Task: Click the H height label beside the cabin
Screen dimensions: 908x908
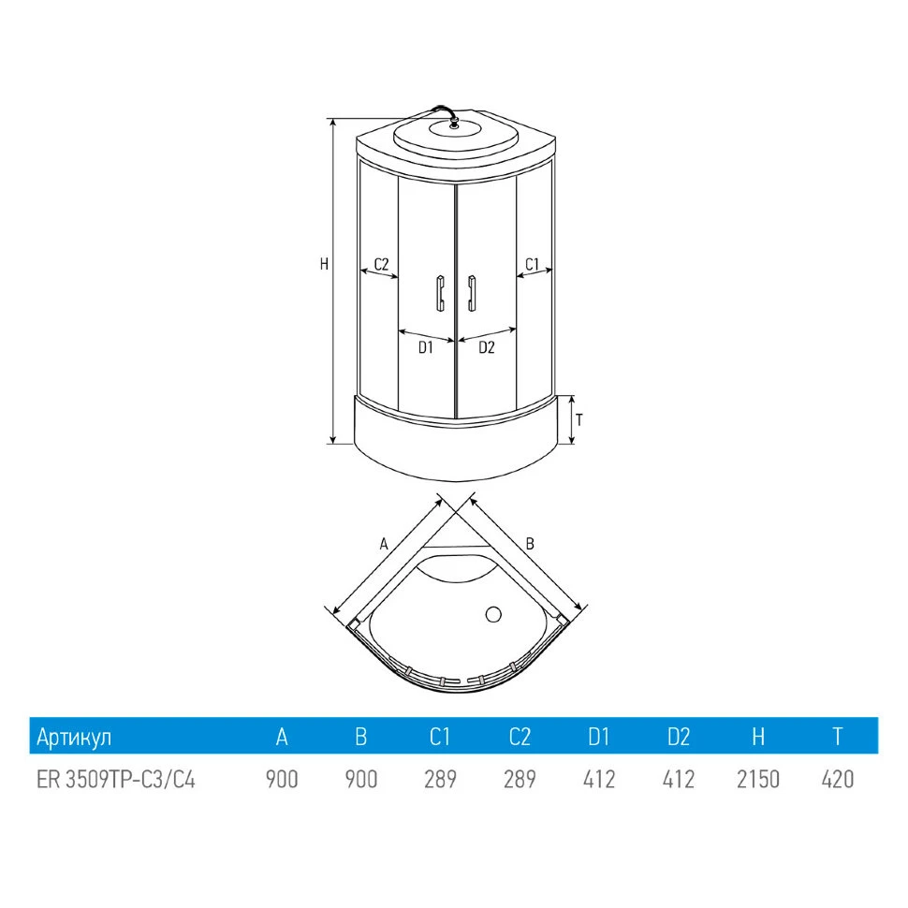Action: tap(324, 264)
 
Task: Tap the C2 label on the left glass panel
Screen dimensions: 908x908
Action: tap(381, 264)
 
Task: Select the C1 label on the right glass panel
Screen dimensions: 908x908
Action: tap(533, 264)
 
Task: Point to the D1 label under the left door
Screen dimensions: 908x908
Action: tap(426, 347)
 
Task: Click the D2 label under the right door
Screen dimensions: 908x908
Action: tap(487, 347)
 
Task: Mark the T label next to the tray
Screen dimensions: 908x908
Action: tap(579, 420)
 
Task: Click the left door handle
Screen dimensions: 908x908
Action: tap(440, 293)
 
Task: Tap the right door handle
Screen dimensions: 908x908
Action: tap(472, 293)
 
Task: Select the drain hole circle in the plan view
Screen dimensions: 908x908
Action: tap(493, 614)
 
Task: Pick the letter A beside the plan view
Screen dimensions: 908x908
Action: tap(384, 545)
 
